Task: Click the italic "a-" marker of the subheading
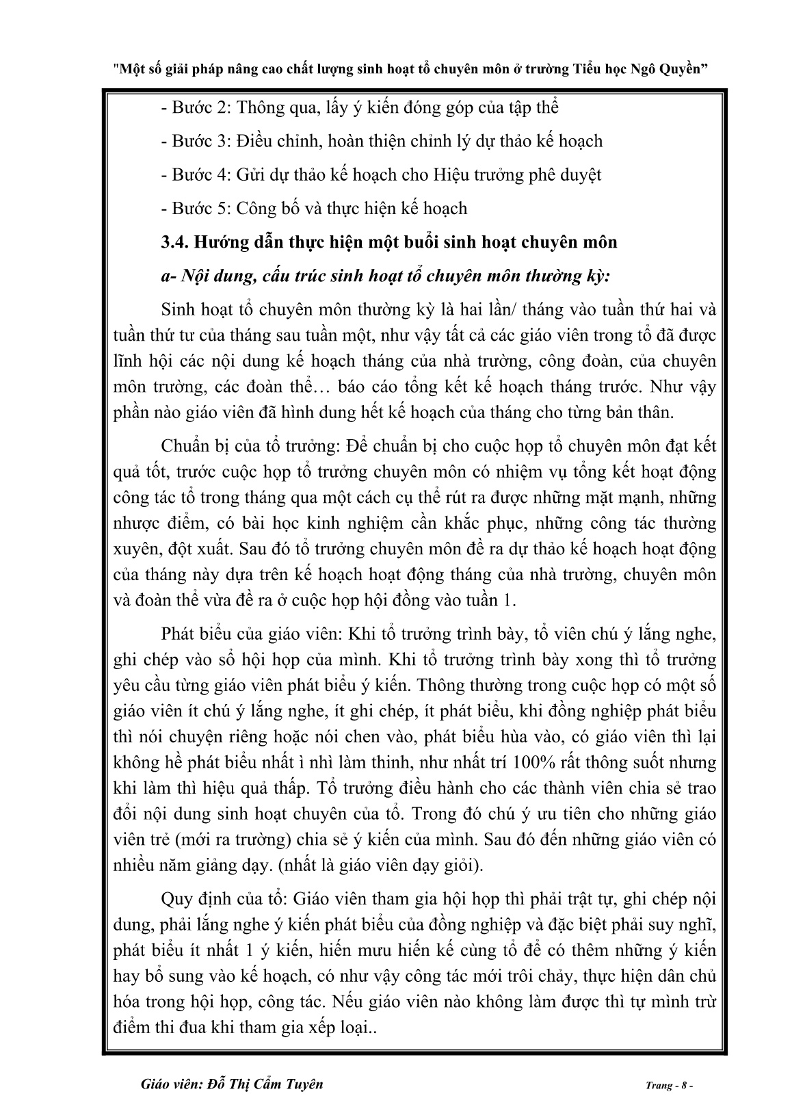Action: (168, 276)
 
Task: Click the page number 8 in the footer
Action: (686, 1086)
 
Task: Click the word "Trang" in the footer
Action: (658, 1086)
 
